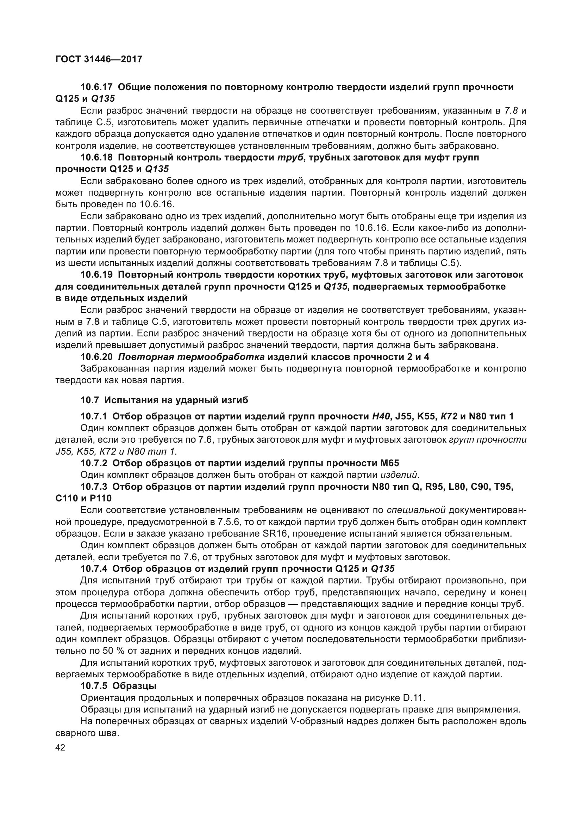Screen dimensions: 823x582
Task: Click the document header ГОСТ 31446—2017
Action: (x=99, y=59)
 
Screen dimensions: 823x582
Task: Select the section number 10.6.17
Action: (x=96, y=87)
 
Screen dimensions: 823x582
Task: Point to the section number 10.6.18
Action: (x=96, y=157)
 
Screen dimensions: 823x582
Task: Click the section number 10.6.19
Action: (x=96, y=274)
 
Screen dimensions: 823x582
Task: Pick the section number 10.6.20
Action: (x=96, y=357)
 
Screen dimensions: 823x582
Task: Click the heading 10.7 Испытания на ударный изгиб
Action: (x=164, y=400)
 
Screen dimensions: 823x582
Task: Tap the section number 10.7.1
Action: (x=94, y=416)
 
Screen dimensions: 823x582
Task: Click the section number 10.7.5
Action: (x=94, y=686)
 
